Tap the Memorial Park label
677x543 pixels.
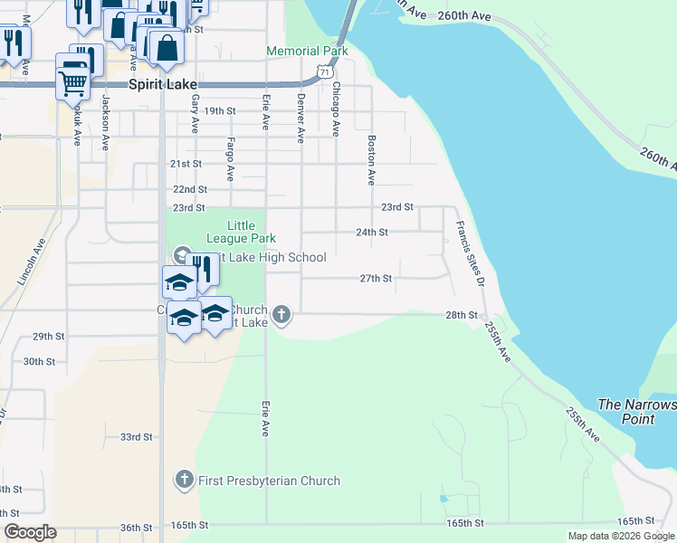(x=307, y=52)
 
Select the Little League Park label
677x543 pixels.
(x=240, y=232)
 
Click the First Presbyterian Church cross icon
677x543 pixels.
(x=184, y=480)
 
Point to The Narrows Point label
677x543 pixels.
(x=636, y=412)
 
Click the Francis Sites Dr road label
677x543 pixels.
(x=470, y=255)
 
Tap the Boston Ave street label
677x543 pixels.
(x=371, y=160)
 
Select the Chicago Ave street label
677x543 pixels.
(x=336, y=110)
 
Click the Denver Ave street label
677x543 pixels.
(x=300, y=118)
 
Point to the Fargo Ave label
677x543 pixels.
(x=231, y=158)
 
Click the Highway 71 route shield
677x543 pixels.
(x=324, y=71)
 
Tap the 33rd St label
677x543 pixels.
(x=137, y=437)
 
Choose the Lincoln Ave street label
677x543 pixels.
(x=30, y=262)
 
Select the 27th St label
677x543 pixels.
(x=376, y=279)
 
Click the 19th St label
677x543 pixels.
(x=220, y=111)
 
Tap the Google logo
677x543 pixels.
(x=30, y=532)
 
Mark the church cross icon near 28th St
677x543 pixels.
(x=282, y=315)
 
